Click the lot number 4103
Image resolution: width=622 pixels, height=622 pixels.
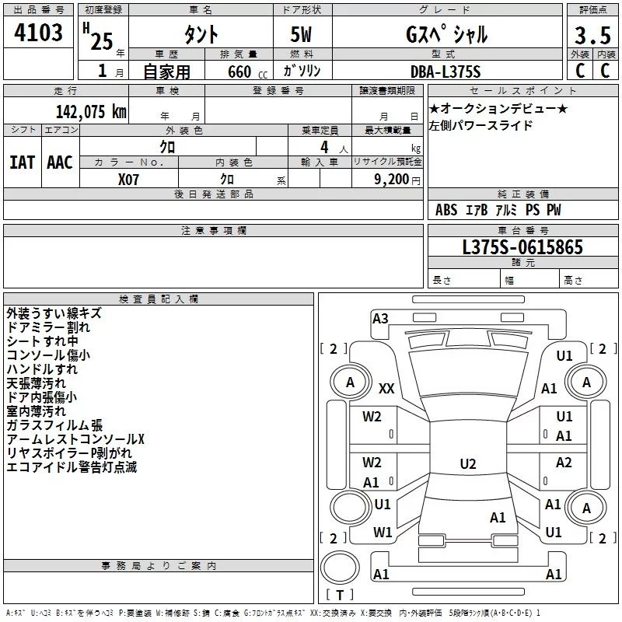pyautogui.click(x=38, y=32)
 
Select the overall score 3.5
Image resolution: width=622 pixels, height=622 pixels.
pyautogui.click(x=592, y=35)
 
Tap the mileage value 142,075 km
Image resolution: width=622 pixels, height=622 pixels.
pyautogui.click(x=91, y=112)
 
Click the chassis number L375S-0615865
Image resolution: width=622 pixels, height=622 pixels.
pyautogui.click(x=522, y=247)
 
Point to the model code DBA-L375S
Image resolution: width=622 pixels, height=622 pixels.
pyautogui.click(x=446, y=72)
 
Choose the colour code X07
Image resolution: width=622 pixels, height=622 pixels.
pyautogui.click(x=128, y=180)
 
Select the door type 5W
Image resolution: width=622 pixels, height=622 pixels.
pyautogui.click(x=301, y=34)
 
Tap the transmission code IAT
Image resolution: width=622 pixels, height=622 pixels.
pyautogui.click(x=23, y=162)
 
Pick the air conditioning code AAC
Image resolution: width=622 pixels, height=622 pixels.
pyautogui.click(x=60, y=162)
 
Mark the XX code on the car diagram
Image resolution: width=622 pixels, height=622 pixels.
pyautogui.click(x=386, y=388)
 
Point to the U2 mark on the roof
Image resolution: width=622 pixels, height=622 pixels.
pyautogui.click(x=468, y=463)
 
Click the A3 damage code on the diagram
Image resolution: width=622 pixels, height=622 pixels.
pyautogui.click(x=380, y=319)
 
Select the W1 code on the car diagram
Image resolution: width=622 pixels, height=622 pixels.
pyautogui.click(x=383, y=533)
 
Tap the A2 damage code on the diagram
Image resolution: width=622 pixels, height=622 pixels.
pyautogui.click(x=564, y=462)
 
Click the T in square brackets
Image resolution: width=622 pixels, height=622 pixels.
pyautogui.click(x=340, y=595)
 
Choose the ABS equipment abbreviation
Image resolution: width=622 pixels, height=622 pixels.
pyautogui.click(x=446, y=210)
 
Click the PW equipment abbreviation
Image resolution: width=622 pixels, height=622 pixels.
pyautogui.click(x=554, y=210)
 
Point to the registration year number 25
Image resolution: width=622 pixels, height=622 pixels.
pyautogui.click(x=102, y=41)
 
